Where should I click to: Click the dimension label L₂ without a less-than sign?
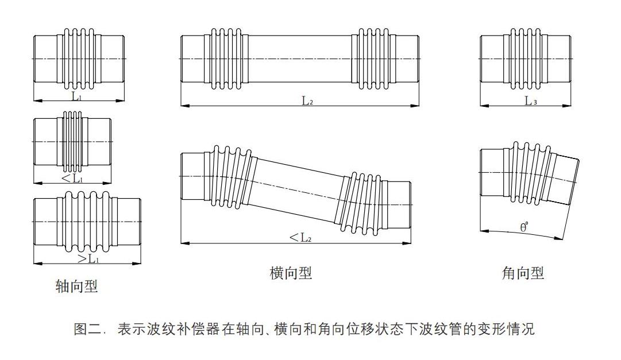(x=307, y=101)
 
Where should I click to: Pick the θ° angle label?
(x=524, y=226)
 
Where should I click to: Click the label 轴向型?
(x=76, y=286)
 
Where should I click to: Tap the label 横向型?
(x=291, y=273)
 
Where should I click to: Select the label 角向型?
(x=523, y=273)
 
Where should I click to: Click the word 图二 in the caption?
(x=86, y=330)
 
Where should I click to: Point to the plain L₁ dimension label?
(x=76, y=96)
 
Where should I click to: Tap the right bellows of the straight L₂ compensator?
(x=375, y=59)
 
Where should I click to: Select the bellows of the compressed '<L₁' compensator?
(x=72, y=141)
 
